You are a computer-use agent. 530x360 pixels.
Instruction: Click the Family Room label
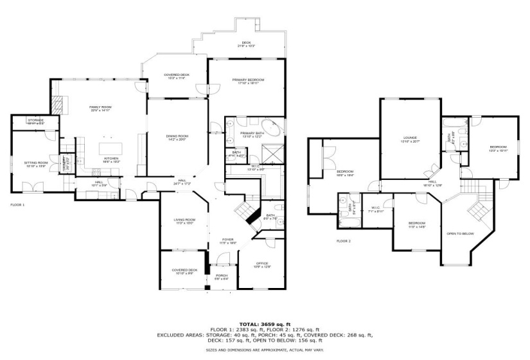pos(100,107)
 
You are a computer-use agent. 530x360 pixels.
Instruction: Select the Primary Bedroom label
pos(248,80)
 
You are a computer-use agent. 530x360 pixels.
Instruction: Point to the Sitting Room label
pos(35,165)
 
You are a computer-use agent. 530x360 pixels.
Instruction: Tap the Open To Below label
pos(461,233)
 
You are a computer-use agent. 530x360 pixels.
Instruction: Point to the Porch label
pos(221,277)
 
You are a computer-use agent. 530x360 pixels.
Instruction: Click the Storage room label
pos(35,120)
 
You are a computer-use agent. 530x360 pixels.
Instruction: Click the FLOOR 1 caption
pos(17,204)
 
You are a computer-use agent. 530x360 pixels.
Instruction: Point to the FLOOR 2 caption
pos(344,241)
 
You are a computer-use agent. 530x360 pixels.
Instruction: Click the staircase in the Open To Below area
pos(477,209)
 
